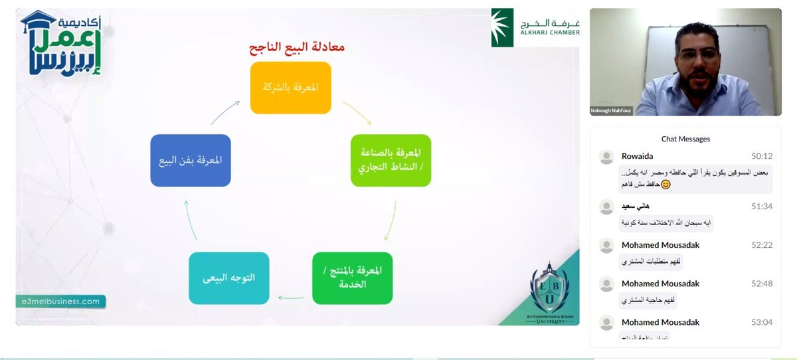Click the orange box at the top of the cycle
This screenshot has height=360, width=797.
click(x=290, y=88)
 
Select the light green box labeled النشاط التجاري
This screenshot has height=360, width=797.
click(x=391, y=160)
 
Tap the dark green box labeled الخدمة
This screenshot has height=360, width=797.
click(x=352, y=278)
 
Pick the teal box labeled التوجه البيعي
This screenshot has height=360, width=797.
click(x=229, y=278)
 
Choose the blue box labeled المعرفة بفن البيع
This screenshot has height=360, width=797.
click(x=191, y=160)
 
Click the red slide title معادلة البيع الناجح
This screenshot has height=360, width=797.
click(x=296, y=48)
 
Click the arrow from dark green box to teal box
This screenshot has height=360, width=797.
click(x=291, y=298)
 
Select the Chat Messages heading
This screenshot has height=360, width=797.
click(x=685, y=139)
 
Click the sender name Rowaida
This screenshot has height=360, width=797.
click(x=637, y=156)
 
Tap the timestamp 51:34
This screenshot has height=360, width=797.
click(x=761, y=207)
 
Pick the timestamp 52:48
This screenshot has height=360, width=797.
click(x=761, y=284)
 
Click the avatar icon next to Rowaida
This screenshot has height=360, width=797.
click(x=606, y=157)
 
